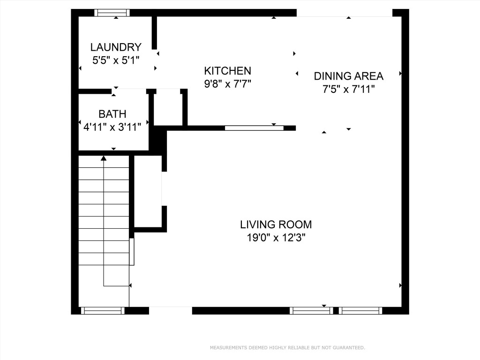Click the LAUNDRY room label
click(116, 47)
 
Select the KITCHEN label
click(227, 71)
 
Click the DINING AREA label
click(348, 76)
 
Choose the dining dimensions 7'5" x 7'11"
click(348, 89)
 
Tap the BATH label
click(112, 114)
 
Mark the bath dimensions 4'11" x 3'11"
click(112, 127)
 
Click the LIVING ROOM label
click(276, 225)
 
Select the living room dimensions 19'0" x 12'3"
click(276, 238)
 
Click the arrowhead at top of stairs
click(104, 158)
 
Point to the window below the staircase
click(103, 310)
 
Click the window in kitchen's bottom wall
click(254, 128)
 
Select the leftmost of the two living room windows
click(311, 310)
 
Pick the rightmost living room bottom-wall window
click(360, 310)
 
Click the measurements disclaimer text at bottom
click(287, 348)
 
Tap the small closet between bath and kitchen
click(168, 108)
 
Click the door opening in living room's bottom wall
click(171, 310)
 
